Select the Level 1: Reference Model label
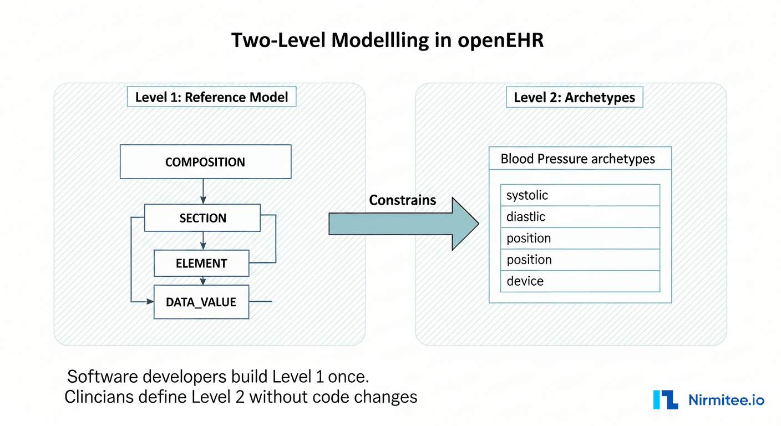[211, 98]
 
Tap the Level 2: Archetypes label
[574, 98]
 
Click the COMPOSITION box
[205, 162]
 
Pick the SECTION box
[202, 218]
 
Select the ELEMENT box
[201, 263]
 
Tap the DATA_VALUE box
[201, 302]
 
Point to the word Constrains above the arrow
[403, 200]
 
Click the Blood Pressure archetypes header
[577, 159]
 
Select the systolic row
[580, 195]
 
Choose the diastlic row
[580, 217]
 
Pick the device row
[580, 281]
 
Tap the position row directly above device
[580, 260]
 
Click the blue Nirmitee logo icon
[666, 400]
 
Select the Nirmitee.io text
[726, 400]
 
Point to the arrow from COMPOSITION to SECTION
[204, 191]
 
